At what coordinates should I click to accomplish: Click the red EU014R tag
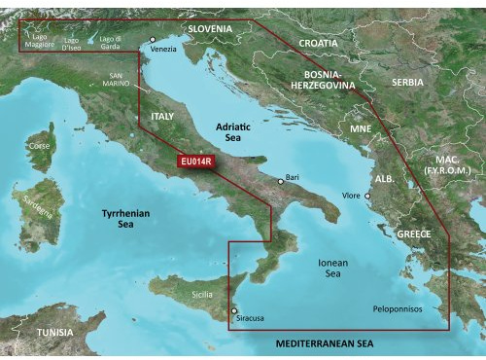192,162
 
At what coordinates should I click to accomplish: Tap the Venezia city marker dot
153,40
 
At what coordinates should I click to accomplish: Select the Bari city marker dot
281,181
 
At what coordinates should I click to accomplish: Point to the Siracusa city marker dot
233,310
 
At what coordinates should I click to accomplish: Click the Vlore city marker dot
368,196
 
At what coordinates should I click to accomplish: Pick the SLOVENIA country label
210,28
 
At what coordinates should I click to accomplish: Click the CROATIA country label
319,44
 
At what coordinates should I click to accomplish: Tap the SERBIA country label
407,83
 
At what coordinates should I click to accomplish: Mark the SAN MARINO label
122,80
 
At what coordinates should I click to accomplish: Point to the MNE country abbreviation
361,128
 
